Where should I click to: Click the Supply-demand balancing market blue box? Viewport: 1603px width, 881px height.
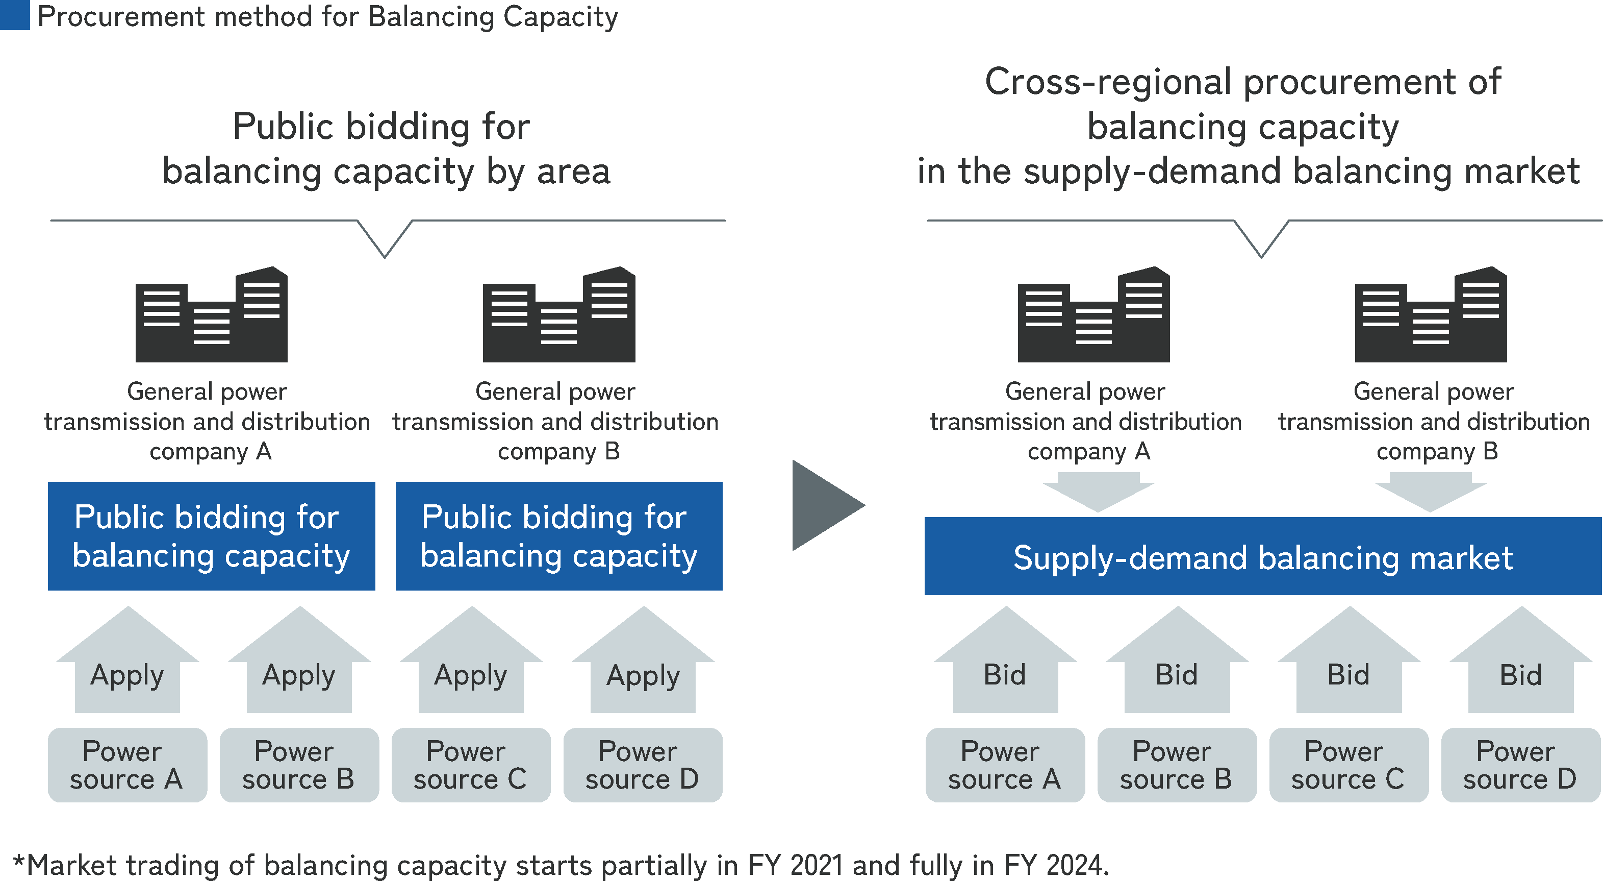[x=1262, y=556]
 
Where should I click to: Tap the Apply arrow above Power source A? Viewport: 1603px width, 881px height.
[x=128, y=666]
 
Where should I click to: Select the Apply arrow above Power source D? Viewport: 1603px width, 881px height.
[x=643, y=666]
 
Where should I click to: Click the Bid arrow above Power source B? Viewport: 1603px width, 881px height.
[x=1177, y=666]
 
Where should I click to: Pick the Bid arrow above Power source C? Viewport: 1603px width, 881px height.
[x=1348, y=666]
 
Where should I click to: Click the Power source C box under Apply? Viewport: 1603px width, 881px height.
[x=470, y=765]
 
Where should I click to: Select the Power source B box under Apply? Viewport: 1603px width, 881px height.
[x=299, y=765]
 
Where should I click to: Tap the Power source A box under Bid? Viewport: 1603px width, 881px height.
[x=1004, y=765]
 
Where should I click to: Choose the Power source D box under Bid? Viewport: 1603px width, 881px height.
[x=1520, y=765]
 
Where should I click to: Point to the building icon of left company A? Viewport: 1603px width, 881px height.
[x=212, y=316]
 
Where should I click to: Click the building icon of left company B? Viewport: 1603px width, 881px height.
[x=559, y=316]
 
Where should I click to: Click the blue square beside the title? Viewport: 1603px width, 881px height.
[x=14, y=14]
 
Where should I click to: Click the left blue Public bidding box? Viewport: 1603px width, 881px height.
[x=212, y=536]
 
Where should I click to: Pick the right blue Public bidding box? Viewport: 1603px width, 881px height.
[x=559, y=536]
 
